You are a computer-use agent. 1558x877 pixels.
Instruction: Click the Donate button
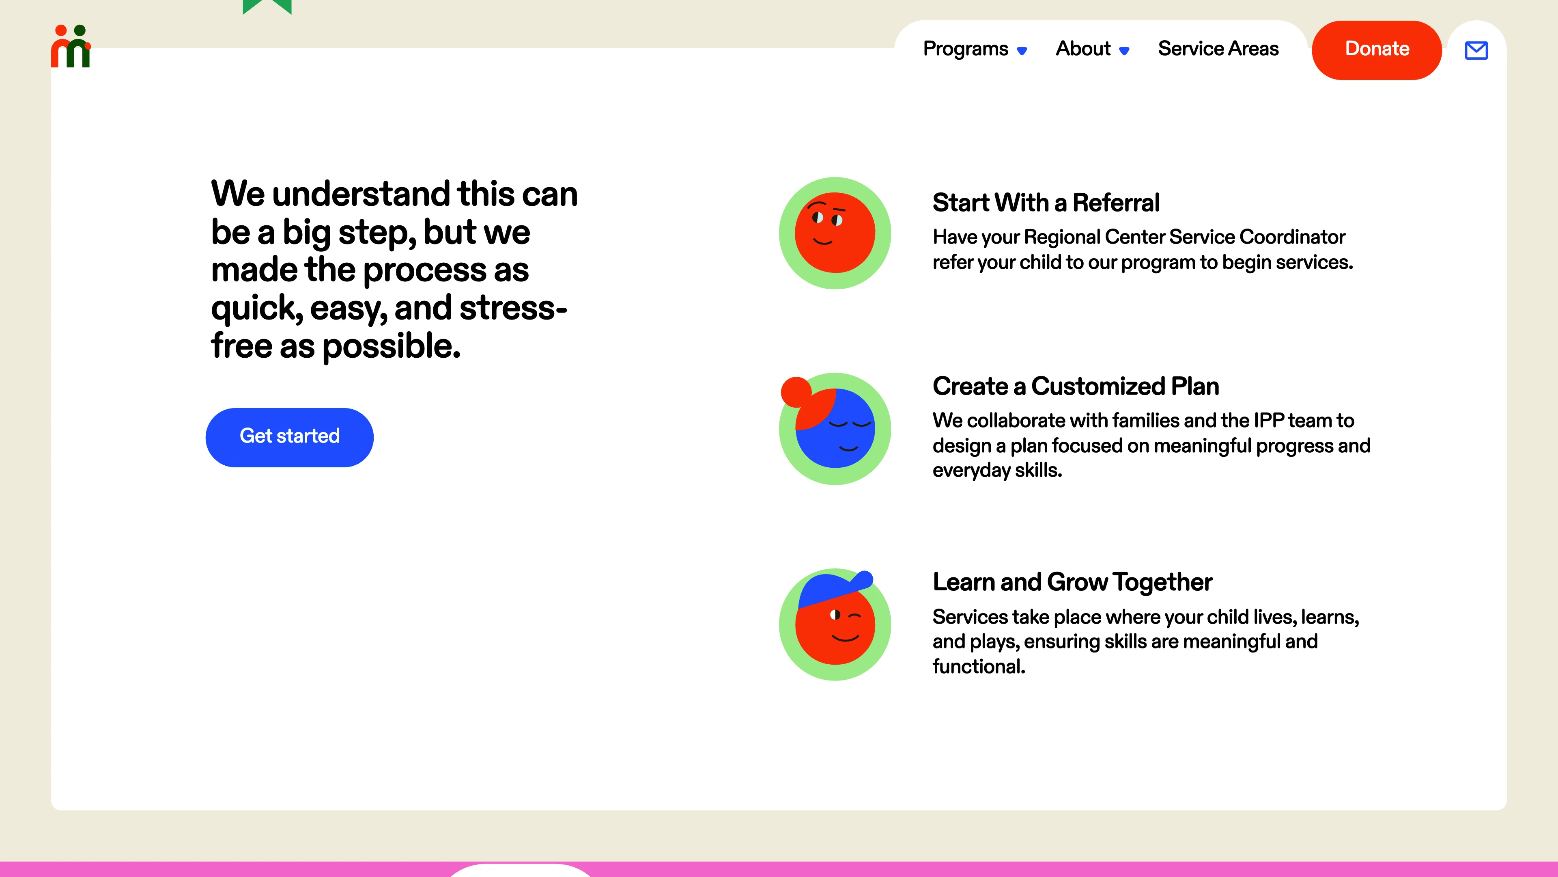pyautogui.click(x=1377, y=50)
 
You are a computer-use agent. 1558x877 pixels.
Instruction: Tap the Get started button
pyautogui.click(x=290, y=437)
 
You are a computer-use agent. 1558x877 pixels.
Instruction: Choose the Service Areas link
pyautogui.click(x=1218, y=48)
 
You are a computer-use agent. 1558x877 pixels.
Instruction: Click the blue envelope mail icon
pyautogui.click(x=1476, y=50)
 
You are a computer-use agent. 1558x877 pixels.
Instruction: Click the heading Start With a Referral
pyautogui.click(x=1046, y=203)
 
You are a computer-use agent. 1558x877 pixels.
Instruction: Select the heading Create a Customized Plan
pyautogui.click(x=1075, y=386)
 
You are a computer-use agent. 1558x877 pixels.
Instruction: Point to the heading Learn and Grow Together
pyautogui.click(x=1072, y=582)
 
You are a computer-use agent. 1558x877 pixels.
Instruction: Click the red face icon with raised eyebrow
pyautogui.click(x=835, y=233)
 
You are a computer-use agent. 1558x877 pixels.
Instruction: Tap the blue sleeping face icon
pyautogui.click(x=835, y=428)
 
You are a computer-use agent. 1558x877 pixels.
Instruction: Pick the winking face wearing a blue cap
pyautogui.click(x=835, y=624)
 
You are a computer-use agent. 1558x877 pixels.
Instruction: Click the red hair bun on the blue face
pyautogui.click(x=796, y=391)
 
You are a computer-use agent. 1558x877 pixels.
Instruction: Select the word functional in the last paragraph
pyautogui.click(x=979, y=666)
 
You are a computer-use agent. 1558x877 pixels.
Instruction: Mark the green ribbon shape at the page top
pyautogui.click(x=267, y=6)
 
